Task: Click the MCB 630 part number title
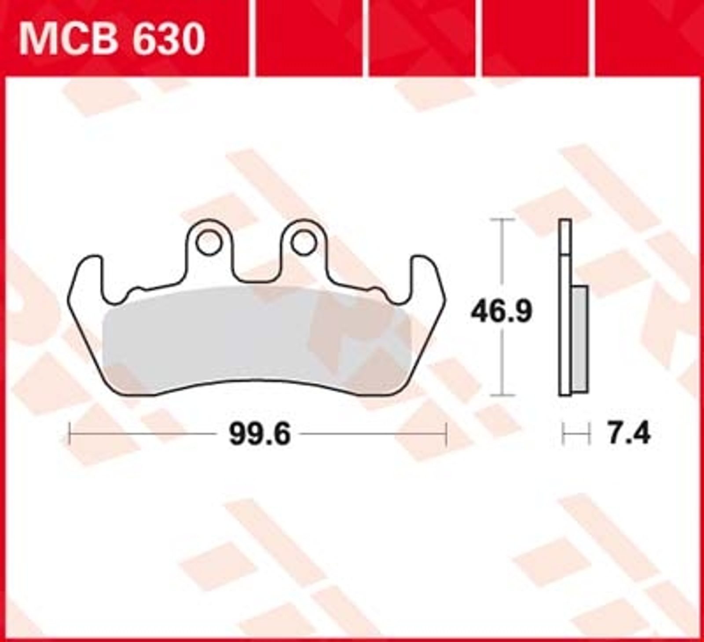(111, 39)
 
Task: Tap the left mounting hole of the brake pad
(209, 243)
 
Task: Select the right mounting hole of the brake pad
(304, 243)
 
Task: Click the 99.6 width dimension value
(260, 434)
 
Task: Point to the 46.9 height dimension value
(501, 312)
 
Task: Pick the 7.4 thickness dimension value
(628, 434)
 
